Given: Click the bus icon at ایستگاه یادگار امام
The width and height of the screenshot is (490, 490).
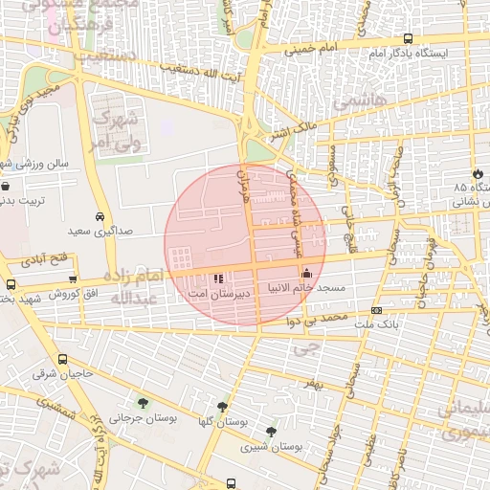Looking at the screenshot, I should coord(409,39).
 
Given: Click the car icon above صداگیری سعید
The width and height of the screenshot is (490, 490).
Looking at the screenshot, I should coord(100,216).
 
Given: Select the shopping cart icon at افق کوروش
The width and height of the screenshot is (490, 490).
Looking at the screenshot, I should coord(73,278).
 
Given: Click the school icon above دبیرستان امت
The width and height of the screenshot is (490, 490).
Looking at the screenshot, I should coord(219,278).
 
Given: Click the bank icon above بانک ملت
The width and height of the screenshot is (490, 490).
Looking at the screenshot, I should coord(376,310).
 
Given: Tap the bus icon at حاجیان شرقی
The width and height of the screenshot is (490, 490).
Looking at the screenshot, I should coord(62,360).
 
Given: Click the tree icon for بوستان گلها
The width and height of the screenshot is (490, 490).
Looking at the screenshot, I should coord(223,407).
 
